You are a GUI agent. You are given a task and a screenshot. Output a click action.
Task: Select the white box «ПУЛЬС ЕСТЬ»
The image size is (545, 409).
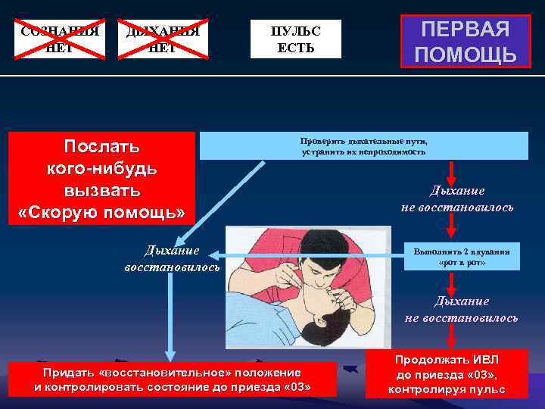point(296,39)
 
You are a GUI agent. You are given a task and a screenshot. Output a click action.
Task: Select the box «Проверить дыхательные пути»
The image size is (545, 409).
point(363,146)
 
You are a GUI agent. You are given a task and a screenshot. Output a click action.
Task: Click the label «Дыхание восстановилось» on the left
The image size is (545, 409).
point(173,258)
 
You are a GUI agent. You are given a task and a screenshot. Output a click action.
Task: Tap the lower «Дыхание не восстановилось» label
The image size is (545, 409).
point(461,309)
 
